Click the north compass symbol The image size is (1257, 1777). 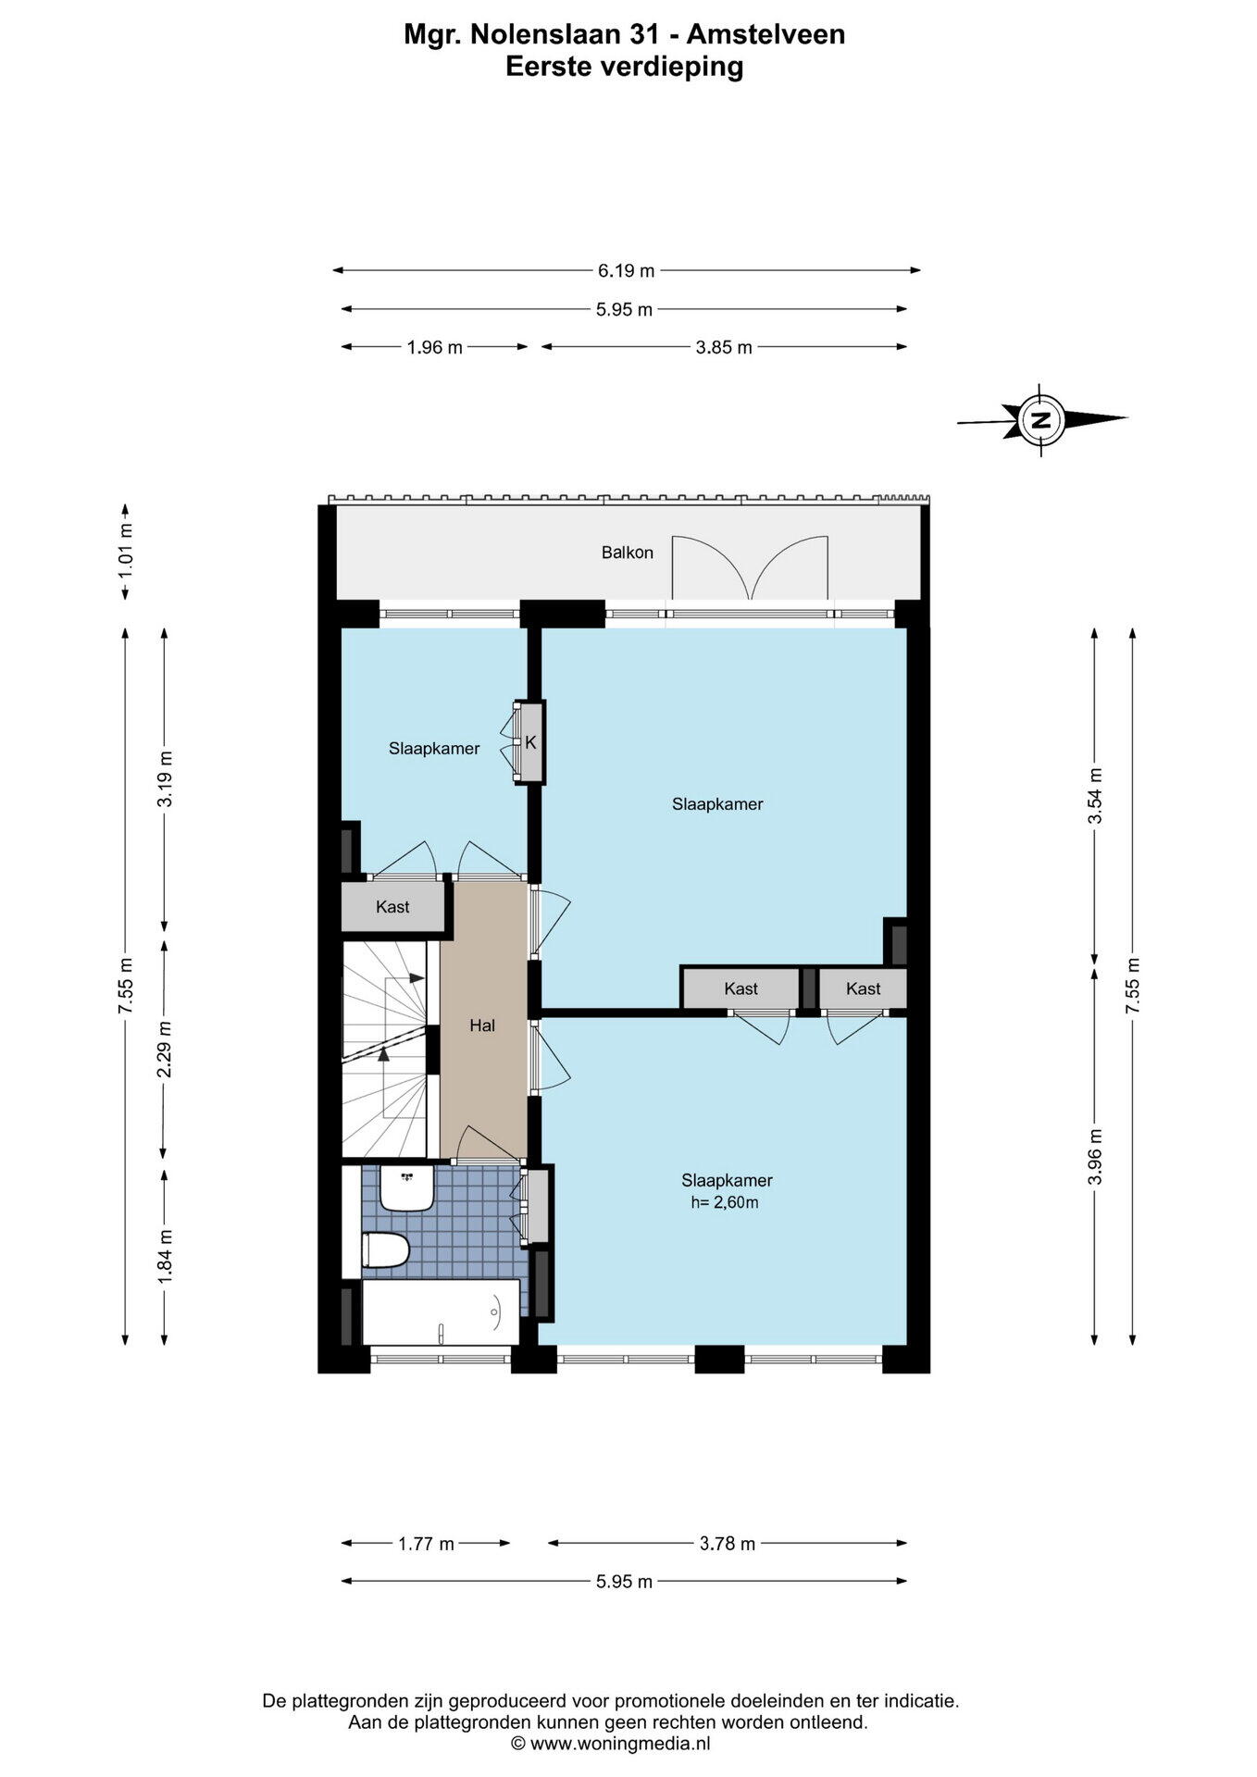click(1042, 419)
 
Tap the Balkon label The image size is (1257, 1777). click(628, 553)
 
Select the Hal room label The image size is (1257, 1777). click(482, 1025)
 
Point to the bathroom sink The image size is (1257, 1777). click(407, 1188)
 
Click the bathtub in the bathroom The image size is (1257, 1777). click(441, 1311)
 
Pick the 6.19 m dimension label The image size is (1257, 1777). click(626, 270)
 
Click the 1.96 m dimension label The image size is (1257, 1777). click(434, 347)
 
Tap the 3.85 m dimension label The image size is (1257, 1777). click(724, 347)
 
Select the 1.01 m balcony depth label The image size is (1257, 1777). click(126, 552)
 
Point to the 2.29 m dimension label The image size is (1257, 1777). click(165, 1050)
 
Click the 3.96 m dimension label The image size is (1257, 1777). click(1095, 1156)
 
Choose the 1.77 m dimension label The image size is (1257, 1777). click(426, 1543)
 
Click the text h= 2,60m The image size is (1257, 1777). click(725, 1202)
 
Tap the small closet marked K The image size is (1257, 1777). click(530, 742)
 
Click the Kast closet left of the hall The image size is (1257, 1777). click(392, 907)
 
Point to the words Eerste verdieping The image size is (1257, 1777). click(625, 67)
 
